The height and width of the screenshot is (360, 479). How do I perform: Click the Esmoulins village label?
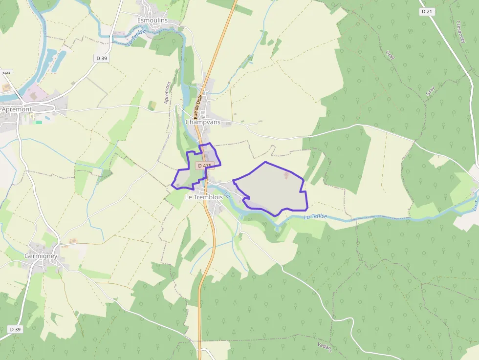152,21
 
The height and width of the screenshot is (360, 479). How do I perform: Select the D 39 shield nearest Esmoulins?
101,58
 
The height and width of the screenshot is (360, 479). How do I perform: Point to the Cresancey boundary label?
461,32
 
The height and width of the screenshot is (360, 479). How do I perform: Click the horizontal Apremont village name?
17,109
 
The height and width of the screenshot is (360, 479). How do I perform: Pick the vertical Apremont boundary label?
168,92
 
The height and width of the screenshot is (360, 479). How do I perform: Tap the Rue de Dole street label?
198,107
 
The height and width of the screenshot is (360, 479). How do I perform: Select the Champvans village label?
203,122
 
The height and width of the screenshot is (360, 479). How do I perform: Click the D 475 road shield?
204,166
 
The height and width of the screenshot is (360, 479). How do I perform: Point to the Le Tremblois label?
204,197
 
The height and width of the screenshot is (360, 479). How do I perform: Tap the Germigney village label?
43,256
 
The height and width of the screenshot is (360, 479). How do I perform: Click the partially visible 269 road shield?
5,73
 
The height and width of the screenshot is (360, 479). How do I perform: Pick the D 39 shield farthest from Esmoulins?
15,329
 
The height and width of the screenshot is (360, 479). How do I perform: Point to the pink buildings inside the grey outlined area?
287,174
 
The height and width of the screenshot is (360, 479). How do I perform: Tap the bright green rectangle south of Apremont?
39,122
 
